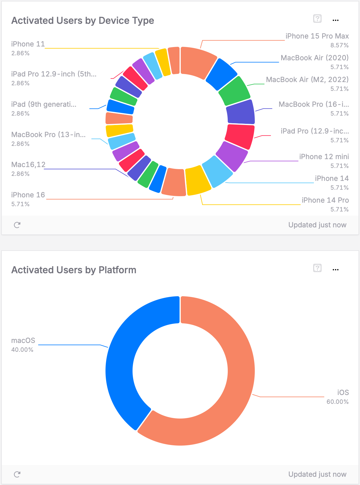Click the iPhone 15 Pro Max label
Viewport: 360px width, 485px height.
317,36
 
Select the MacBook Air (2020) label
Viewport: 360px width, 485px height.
314,58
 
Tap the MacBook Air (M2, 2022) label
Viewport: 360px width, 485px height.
307,80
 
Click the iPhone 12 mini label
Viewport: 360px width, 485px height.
324,157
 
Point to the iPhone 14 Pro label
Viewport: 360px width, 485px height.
325,200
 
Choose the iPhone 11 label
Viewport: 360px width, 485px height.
28,44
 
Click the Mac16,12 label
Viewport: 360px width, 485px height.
28,165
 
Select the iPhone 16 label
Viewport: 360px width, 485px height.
28,195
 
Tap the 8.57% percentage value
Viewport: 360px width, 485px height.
339,45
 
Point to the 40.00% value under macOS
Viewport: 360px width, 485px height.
22,350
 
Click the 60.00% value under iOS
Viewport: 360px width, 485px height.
337,402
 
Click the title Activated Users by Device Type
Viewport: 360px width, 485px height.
83,21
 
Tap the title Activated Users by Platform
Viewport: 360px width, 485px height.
74,270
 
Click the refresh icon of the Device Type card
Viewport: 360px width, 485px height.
17,225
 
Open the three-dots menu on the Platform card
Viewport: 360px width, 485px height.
335,270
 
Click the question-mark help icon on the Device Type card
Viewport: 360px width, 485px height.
317,19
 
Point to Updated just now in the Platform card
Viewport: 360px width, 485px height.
317,474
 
